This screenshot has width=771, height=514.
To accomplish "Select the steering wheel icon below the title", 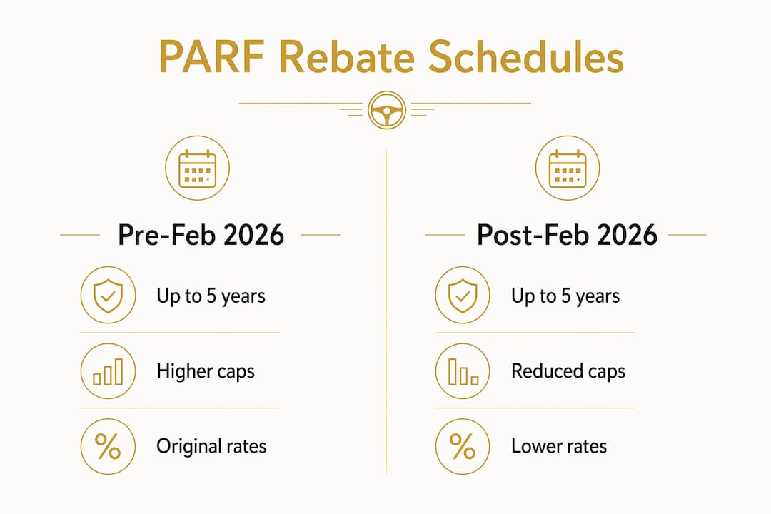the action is [x=386, y=110].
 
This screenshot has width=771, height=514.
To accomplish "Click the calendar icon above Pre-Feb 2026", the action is [x=197, y=168].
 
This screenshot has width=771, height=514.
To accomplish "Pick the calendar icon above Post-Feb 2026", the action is [x=568, y=168].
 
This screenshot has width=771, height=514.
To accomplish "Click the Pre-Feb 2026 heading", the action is [x=201, y=235].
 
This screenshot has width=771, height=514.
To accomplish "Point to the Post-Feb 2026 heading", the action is [x=567, y=235].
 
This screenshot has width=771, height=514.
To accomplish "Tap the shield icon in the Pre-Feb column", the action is [x=109, y=295].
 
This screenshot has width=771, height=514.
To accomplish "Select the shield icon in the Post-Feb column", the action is [x=463, y=295].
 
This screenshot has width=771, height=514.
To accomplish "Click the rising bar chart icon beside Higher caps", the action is [x=109, y=371].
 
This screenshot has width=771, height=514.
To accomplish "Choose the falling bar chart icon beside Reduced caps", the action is [x=463, y=371].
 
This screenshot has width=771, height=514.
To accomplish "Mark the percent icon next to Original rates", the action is [x=109, y=447].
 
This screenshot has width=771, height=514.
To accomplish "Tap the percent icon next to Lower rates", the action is [x=463, y=447].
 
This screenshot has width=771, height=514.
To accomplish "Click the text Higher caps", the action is [x=206, y=371].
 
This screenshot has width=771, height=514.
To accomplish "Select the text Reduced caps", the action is [x=568, y=371].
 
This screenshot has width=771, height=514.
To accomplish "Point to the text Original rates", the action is [x=211, y=447].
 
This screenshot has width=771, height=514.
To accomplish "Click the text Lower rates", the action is [x=559, y=446].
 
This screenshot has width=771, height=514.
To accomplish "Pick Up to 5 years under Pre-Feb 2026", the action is [x=211, y=296].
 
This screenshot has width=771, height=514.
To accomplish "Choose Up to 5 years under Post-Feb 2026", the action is [x=565, y=296].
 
